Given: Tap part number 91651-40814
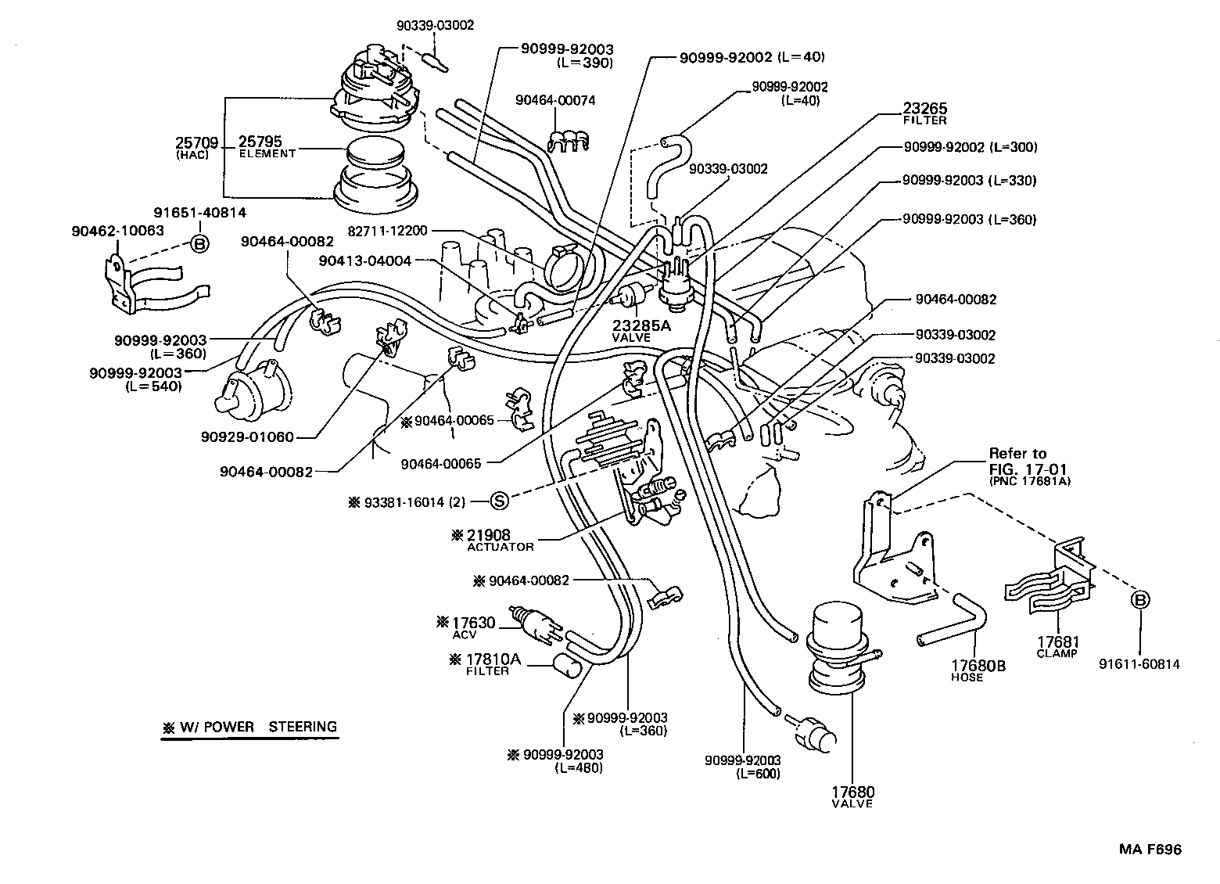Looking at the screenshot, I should pos(199,212).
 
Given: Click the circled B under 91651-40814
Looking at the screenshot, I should pos(199,243).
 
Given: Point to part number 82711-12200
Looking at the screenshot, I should pos(387,231).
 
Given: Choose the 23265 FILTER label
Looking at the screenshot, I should pos(925,113).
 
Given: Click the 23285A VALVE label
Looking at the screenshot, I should pos(644,329).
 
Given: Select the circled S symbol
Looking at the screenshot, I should pos(500,501).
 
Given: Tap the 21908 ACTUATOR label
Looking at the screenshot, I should pos(500,541).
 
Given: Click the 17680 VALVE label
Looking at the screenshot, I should pos(852,796).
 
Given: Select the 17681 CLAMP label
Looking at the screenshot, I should pos(1057,646).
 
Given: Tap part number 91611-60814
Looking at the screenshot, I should pos(1139,664).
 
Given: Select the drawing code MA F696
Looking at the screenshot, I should pos(1149,850).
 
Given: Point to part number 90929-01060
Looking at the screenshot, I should pos(257,437).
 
